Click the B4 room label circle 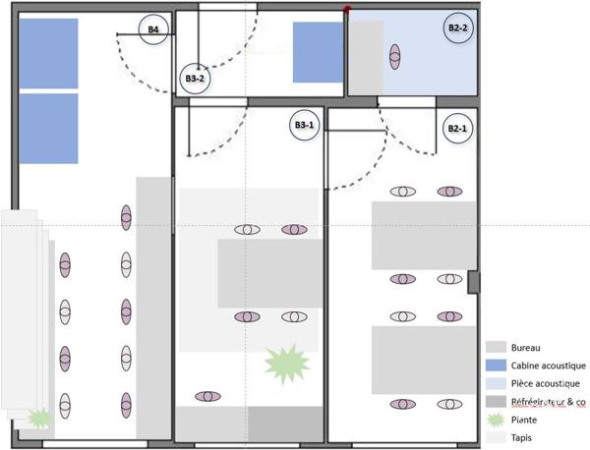point(153,29)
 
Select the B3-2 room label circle point(195,79)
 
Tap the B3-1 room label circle point(304,125)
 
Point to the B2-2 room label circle point(458,28)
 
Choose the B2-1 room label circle point(457,129)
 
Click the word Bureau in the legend point(525,348)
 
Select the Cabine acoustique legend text point(549,366)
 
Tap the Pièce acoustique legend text point(545,383)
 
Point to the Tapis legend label point(521,438)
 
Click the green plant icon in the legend point(496,420)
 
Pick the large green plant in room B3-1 point(287,364)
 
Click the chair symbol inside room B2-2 point(394,57)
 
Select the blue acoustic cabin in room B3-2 point(319,52)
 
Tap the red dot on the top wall point(347,9)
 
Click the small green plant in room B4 point(39,418)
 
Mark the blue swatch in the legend point(496,366)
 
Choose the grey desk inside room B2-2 point(366,57)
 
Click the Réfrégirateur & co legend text point(549,402)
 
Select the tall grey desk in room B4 point(153,308)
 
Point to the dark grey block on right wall point(474,282)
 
